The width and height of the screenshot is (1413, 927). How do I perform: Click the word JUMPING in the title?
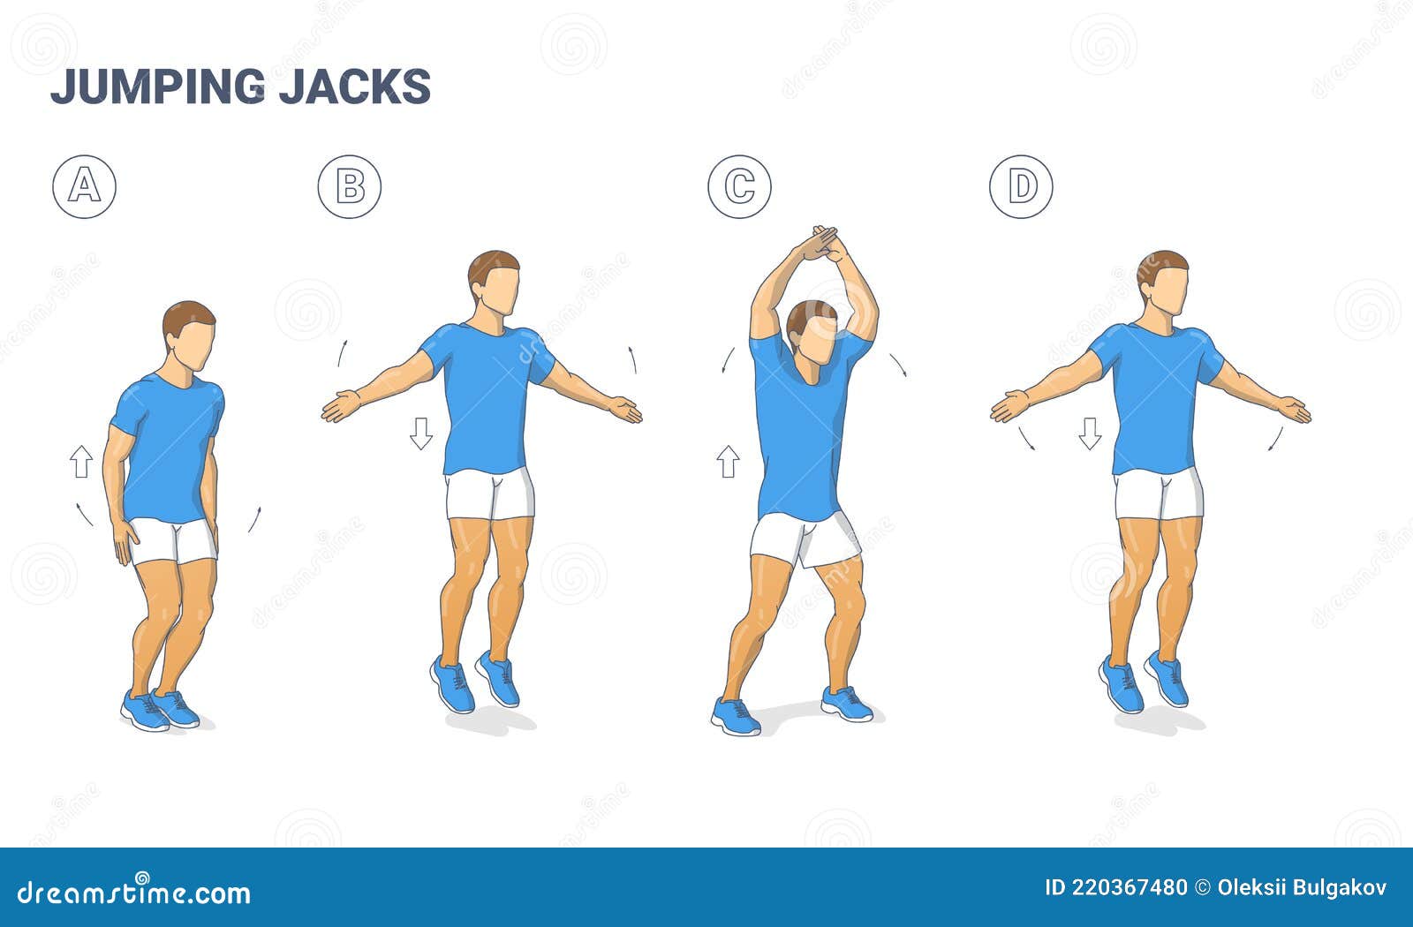click(158, 87)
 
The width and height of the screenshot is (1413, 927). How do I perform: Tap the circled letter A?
click(84, 186)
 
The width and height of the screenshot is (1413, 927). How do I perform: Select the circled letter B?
click(350, 186)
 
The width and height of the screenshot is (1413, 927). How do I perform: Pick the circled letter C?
click(739, 186)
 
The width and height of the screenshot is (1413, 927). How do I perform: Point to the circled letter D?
click(1021, 186)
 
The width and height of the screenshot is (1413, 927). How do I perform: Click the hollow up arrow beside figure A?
click(81, 462)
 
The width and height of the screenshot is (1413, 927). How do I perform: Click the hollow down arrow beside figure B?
click(421, 433)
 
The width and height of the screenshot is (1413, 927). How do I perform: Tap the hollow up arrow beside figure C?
click(728, 462)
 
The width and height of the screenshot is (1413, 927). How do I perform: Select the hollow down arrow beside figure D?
click(1090, 433)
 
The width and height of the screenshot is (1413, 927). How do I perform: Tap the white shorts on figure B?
click(490, 494)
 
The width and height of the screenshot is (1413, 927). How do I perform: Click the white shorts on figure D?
click(1159, 494)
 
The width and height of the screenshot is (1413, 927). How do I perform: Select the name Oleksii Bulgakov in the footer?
click(1302, 887)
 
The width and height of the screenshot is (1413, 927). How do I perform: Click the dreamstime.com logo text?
click(133, 891)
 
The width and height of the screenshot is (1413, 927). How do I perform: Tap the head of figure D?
click(1163, 283)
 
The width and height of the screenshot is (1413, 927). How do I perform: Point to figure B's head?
click(495, 283)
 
